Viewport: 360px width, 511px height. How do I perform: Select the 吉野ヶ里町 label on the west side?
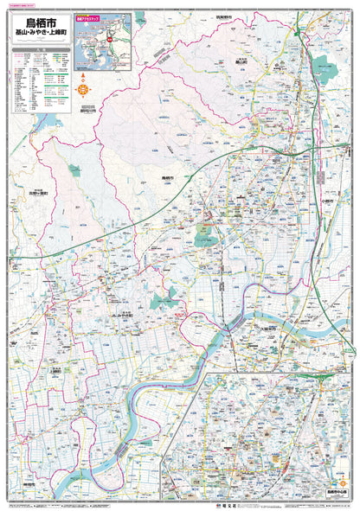tap(35, 195)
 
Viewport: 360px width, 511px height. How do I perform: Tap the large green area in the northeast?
tap(324, 69)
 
